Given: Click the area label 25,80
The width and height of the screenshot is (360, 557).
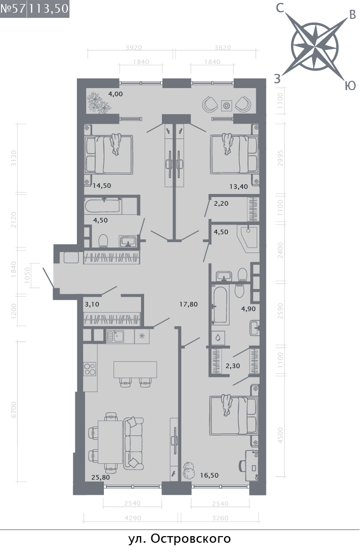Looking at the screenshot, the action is point(101,477).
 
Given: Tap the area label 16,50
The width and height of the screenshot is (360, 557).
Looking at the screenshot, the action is point(209,476).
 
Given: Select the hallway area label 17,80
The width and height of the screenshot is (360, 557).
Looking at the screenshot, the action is point(188,304).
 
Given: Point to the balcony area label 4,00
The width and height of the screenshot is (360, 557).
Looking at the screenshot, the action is point(116,94).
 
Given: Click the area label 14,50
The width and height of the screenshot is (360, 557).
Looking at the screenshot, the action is point(102,185).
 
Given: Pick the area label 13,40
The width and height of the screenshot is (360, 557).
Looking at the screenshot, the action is point(238,186).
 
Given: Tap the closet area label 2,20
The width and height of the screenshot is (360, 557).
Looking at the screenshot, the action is point(221,204).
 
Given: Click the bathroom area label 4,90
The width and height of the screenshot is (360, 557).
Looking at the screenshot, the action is point(248,309).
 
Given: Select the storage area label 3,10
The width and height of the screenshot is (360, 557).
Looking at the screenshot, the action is point(92,304).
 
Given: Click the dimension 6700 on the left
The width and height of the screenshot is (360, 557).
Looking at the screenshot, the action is point(14,409).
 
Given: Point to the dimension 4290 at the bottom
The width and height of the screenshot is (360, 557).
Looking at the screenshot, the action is point(132,518).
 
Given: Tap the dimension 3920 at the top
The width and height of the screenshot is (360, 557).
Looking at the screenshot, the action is point(133,47).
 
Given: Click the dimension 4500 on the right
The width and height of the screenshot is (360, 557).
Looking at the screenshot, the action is point(280,435).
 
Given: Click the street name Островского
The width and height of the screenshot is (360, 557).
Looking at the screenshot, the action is point(191,539).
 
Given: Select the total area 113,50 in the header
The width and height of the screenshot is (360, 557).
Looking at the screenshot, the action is point(48,9).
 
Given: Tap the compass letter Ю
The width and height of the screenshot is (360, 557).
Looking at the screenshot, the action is point(350,85).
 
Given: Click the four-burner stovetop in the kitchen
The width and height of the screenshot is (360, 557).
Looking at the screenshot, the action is point(90,369).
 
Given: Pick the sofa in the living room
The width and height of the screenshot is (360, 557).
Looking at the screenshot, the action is point(133,443).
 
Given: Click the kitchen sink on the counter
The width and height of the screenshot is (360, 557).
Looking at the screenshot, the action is point(115,336).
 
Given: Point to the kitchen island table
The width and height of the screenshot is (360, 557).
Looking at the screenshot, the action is point(135,370).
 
